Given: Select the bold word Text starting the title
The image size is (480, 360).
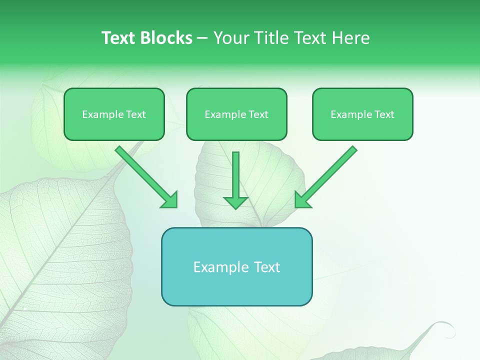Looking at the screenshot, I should click(x=119, y=38).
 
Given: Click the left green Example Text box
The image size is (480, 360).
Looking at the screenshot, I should click(x=114, y=114).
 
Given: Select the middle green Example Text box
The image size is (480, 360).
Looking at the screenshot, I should click(x=236, y=114).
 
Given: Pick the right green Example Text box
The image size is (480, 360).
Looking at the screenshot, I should click(x=362, y=114).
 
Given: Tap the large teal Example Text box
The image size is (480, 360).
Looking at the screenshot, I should click(x=236, y=266).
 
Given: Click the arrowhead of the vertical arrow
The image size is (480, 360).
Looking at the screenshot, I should click(x=235, y=202).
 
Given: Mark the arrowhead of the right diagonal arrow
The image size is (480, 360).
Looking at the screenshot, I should click(x=302, y=199).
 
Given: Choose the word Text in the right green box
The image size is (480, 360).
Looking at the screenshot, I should click(x=384, y=114).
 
